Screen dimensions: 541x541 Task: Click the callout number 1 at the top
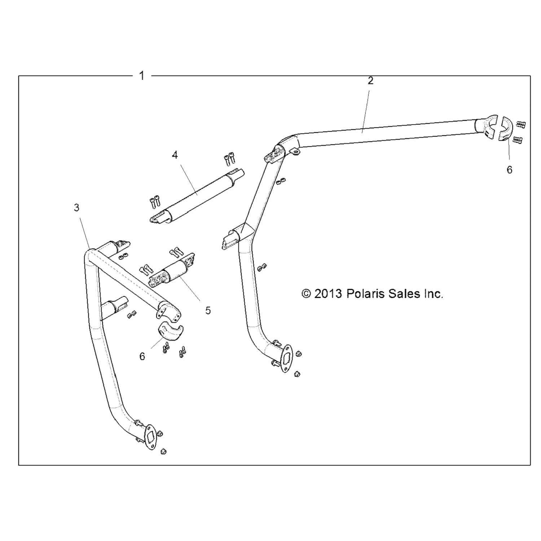(142, 76)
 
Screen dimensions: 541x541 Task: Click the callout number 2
(370, 81)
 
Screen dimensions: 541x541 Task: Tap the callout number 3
(76, 208)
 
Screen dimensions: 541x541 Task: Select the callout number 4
(175, 155)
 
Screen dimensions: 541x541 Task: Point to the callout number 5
(208, 311)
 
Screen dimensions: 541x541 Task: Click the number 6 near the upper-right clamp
(509, 170)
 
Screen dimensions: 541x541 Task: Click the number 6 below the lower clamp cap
(142, 356)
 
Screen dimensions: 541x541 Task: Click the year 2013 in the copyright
(328, 294)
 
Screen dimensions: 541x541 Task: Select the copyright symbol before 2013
(306, 294)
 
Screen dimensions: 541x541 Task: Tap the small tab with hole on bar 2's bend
(295, 153)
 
